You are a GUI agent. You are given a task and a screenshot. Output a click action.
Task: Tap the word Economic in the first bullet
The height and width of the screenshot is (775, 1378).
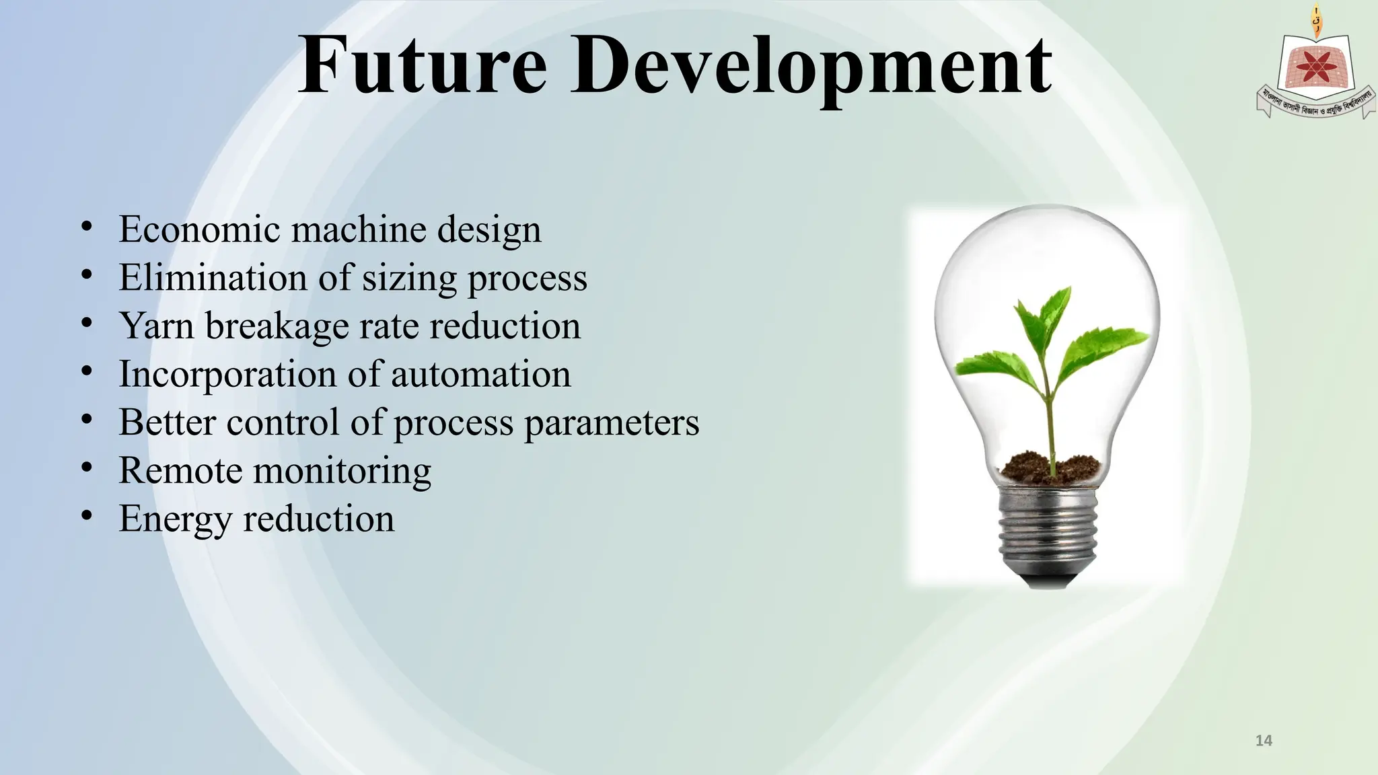pos(199,229)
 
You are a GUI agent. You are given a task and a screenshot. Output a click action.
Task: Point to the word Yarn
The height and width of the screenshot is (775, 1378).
pos(156,326)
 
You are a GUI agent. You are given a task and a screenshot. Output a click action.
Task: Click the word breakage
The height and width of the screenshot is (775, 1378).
pos(277,326)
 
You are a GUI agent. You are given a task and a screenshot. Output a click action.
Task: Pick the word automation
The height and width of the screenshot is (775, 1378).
pos(480,374)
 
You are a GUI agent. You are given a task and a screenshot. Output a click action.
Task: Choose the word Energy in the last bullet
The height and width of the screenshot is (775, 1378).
pos(175,519)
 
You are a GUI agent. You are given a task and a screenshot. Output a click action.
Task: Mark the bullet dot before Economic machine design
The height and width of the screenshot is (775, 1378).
pos(86,226)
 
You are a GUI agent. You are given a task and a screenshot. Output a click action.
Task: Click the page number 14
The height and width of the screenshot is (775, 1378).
pos(1264,741)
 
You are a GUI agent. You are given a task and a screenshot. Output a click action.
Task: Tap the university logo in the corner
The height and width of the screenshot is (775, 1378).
pos(1314,71)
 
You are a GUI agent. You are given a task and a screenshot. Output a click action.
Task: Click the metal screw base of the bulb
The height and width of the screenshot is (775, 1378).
pos(1048,531)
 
